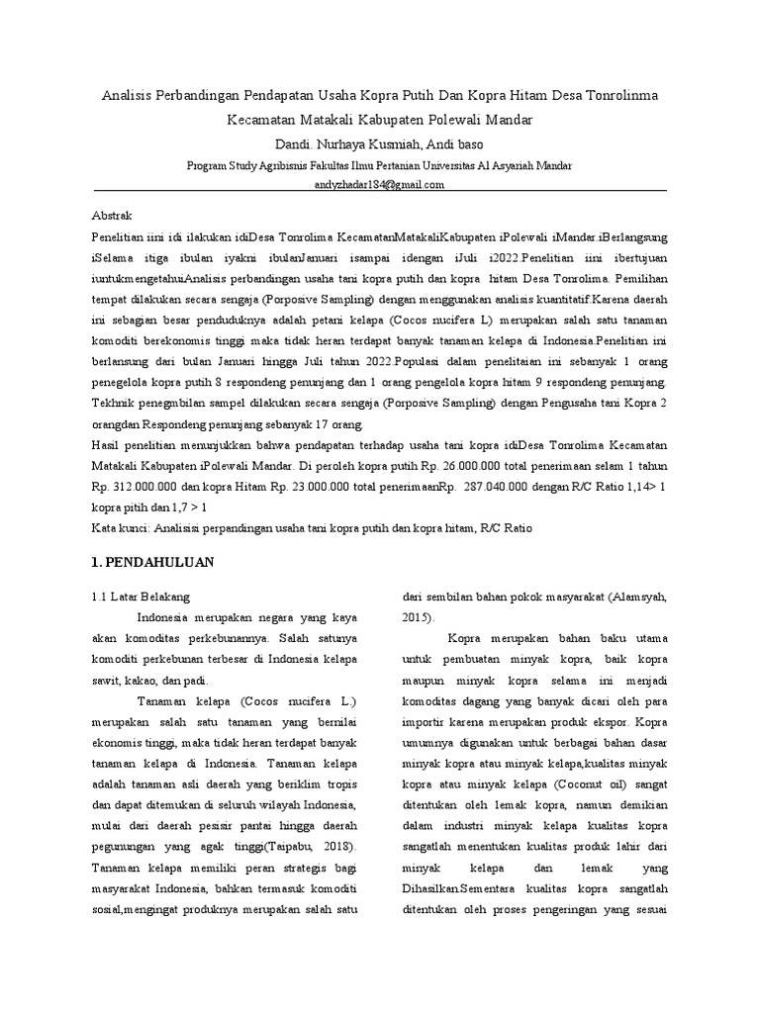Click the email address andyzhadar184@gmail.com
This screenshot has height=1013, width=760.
pyautogui.click(x=379, y=184)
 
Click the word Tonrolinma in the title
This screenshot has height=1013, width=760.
pyautogui.click(x=619, y=96)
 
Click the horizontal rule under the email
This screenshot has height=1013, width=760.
pyautogui.click(x=379, y=192)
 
